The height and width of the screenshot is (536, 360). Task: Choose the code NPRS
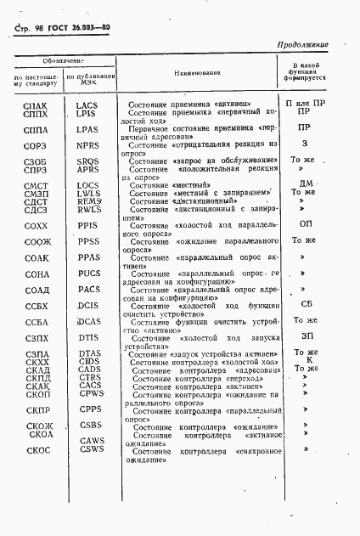click(87, 144)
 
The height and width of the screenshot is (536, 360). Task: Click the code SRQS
click(87, 161)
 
